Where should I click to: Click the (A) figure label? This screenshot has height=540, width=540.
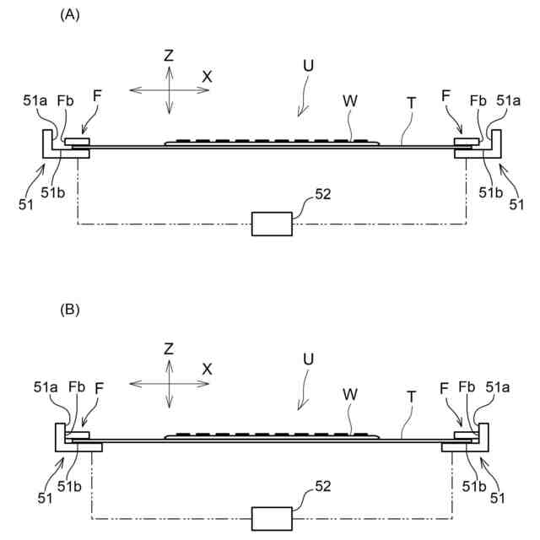coord(70,14)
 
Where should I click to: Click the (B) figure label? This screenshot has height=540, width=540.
coord(70,309)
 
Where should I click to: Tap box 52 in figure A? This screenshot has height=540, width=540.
coord(272,224)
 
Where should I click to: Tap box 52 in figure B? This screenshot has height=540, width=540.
coord(272,518)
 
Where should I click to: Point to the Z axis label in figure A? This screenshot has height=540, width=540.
coord(169,56)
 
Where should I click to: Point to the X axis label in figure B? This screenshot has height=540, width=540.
coord(207,369)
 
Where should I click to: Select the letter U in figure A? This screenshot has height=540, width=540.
coord(308,65)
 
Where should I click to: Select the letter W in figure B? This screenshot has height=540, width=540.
coord(348,394)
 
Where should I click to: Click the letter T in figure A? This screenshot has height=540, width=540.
coord(411,102)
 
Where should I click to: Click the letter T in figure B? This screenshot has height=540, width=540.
coord(411,396)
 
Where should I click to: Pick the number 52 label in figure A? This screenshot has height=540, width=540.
coord(322,194)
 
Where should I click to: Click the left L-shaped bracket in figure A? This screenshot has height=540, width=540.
coord(46,148)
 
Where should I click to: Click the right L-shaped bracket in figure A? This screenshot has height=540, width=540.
coord(496,148)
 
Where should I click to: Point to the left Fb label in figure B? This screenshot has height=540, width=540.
coord(76,387)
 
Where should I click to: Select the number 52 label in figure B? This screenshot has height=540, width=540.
coord(322,487)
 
